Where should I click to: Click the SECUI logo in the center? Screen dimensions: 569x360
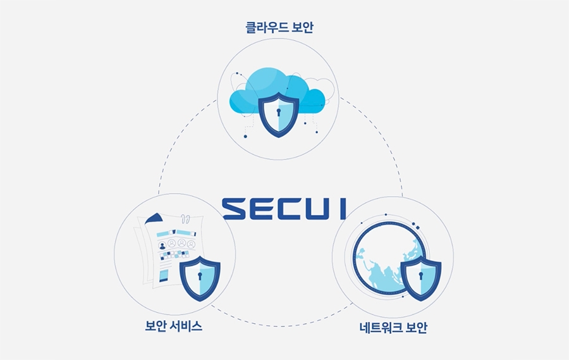pos(284,209)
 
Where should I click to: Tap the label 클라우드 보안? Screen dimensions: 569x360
pos(279,27)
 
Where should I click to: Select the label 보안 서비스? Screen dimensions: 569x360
pos(173,326)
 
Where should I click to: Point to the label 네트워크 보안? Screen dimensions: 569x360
pos(393,327)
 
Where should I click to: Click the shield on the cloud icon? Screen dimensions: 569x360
pos(278,115)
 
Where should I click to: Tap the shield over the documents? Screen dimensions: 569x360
pos(200,278)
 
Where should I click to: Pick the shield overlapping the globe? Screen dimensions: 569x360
pos(421,278)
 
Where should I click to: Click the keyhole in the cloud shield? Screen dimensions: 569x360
pos(278,112)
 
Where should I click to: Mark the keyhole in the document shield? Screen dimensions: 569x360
pos(200,276)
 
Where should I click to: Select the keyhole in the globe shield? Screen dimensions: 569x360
pos(421,275)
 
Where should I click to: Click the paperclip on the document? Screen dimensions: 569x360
pos(185,219)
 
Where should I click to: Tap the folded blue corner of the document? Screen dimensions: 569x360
pos(154,219)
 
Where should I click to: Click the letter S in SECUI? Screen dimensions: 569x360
pos(234,209)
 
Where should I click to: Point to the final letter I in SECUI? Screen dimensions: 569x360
pos(343,209)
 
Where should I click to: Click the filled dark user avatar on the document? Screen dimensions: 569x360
pos(162,246)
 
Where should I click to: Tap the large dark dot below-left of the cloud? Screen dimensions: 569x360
pos(245,136)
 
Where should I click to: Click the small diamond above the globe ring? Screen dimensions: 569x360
pos(418,228)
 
